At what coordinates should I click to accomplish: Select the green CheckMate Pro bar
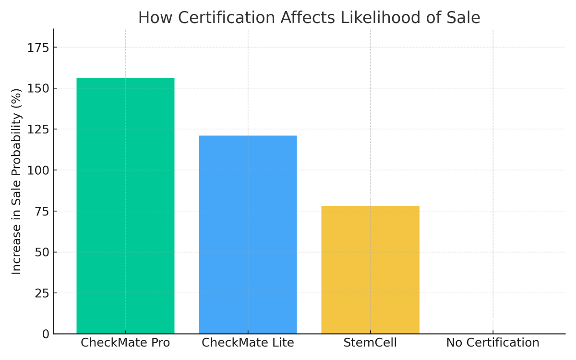click(125, 206)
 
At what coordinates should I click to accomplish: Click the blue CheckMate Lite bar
click(248, 235)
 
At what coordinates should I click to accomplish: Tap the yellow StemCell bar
click(370, 270)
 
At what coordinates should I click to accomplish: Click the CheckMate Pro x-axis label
click(125, 343)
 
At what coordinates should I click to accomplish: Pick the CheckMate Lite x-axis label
click(248, 343)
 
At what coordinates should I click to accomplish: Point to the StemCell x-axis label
click(370, 343)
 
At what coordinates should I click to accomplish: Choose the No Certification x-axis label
click(493, 343)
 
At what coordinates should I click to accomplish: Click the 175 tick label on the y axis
click(38, 48)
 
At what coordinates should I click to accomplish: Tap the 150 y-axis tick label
click(38, 89)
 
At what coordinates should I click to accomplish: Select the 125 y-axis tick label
click(38, 130)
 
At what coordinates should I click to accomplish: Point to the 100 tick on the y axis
click(38, 170)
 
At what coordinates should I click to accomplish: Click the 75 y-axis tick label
click(42, 212)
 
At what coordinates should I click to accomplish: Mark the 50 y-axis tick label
click(42, 252)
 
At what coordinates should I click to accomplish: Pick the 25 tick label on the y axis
click(42, 293)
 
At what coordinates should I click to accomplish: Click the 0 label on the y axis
click(46, 334)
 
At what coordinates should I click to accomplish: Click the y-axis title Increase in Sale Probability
click(16, 181)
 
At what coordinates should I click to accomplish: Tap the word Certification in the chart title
click(227, 18)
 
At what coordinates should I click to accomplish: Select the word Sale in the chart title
click(463, 18)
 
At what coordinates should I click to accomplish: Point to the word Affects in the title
click(308, 18)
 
